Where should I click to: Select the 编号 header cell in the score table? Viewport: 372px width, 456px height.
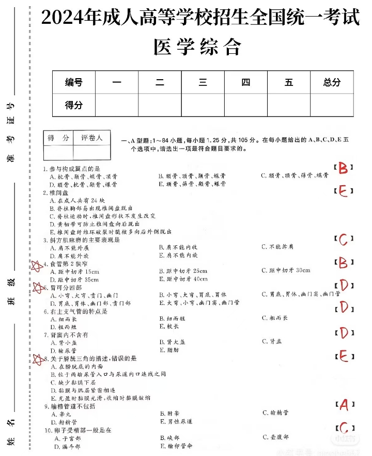73,82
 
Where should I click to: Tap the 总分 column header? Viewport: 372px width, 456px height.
332,82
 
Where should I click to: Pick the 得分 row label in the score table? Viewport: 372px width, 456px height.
73,105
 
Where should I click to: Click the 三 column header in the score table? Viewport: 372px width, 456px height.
203,82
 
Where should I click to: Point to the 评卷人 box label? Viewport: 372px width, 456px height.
92,138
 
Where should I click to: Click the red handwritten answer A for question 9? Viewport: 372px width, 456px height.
344,405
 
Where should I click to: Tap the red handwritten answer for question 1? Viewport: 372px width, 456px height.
344,167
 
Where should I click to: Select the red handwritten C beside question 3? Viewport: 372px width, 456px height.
344,239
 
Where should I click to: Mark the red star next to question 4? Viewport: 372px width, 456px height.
37,266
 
